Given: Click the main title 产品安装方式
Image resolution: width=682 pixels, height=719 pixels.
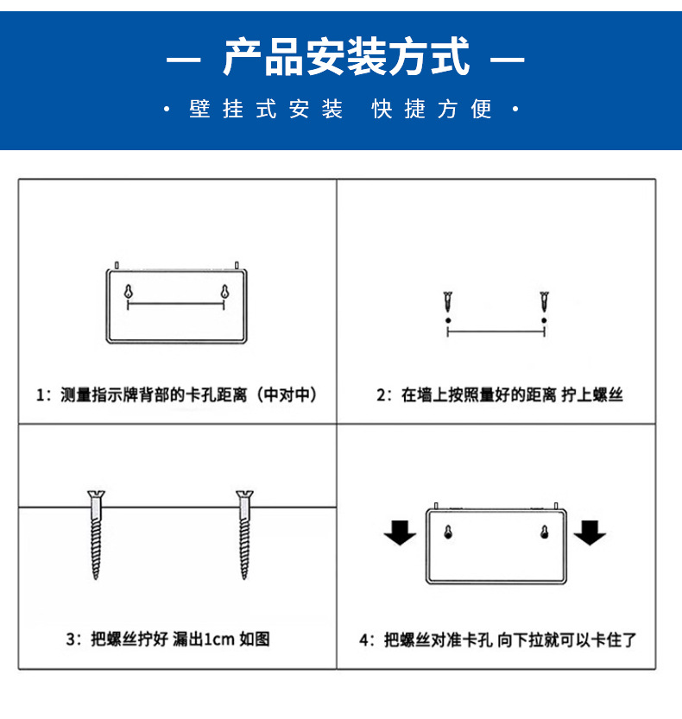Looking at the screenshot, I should [345, 59].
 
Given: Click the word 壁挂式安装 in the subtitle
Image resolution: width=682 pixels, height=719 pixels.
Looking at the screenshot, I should [266, 110].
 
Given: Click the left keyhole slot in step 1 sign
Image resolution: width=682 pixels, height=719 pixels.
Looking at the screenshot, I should [129, 292].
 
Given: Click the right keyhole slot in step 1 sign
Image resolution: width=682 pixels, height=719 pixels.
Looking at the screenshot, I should [224, 292].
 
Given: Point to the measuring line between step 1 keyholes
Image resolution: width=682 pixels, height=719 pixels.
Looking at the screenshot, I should [176, 304].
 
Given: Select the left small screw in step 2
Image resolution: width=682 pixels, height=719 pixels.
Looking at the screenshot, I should [448, 303].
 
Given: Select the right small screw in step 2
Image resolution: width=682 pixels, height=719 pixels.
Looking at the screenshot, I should [544, 303].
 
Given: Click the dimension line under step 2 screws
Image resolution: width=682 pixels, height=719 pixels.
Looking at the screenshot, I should [496, 331].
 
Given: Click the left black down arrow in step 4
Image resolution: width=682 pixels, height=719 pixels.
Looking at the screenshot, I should [400, 533].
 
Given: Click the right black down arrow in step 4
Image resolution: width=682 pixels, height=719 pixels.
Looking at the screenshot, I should [590, 533].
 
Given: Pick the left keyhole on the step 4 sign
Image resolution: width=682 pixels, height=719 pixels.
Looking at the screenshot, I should [448, 533].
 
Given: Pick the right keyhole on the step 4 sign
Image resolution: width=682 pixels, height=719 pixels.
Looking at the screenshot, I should [544, 533].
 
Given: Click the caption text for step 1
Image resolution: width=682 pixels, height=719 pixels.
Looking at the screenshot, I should [176, 395].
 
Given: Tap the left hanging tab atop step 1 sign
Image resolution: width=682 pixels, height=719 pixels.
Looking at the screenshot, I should [117, 265].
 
